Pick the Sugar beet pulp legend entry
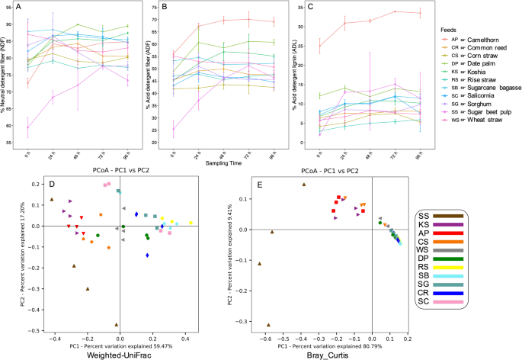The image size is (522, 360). [478, 111]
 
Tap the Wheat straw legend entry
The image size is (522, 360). [473, 120]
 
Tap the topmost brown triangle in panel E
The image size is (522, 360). [305, 185]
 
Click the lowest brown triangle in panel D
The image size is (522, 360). [117, 323]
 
